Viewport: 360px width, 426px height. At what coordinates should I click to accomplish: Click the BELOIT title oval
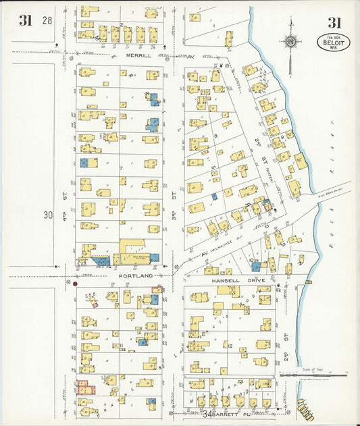coord(334,43)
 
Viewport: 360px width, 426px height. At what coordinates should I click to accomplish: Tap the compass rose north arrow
coord(290,42)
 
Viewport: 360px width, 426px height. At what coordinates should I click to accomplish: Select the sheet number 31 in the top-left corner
coord(26,20)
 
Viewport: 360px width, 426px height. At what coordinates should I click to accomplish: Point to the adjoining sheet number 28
coord(47,21)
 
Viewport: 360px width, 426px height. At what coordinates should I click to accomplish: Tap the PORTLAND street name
coord(132,276)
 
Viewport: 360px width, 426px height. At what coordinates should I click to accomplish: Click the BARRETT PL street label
coord(216,414)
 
